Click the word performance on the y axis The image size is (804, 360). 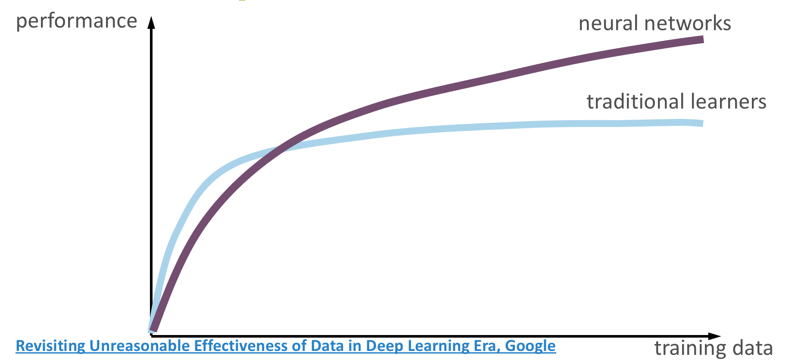(76, 21)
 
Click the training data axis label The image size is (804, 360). (714, 348)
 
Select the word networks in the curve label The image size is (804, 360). (688, 23)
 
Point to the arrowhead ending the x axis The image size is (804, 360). (714, 336)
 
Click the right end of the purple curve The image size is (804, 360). (703, 40)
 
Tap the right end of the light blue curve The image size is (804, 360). (703, 124)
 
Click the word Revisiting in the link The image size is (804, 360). (51, 346)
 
